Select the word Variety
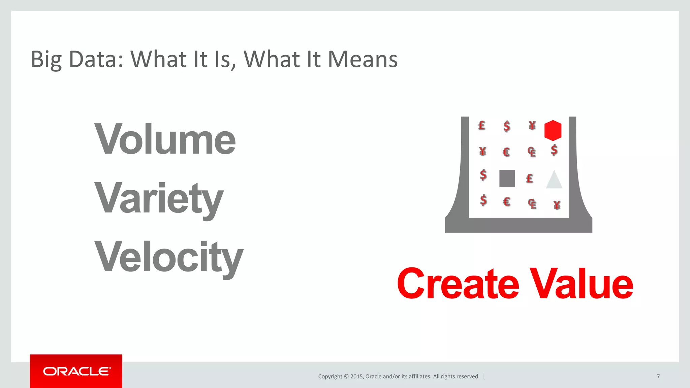tap(159, 198)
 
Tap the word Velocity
tap(168, 257)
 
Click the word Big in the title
tap(46, 60)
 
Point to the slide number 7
tap(658, 376)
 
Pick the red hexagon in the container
tap(553, 130)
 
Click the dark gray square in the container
tap(507, 179)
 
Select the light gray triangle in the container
tap(554, 180)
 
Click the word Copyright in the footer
tap(330, 377)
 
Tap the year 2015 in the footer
tap(357, 377)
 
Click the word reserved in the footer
tap(468, 377)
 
